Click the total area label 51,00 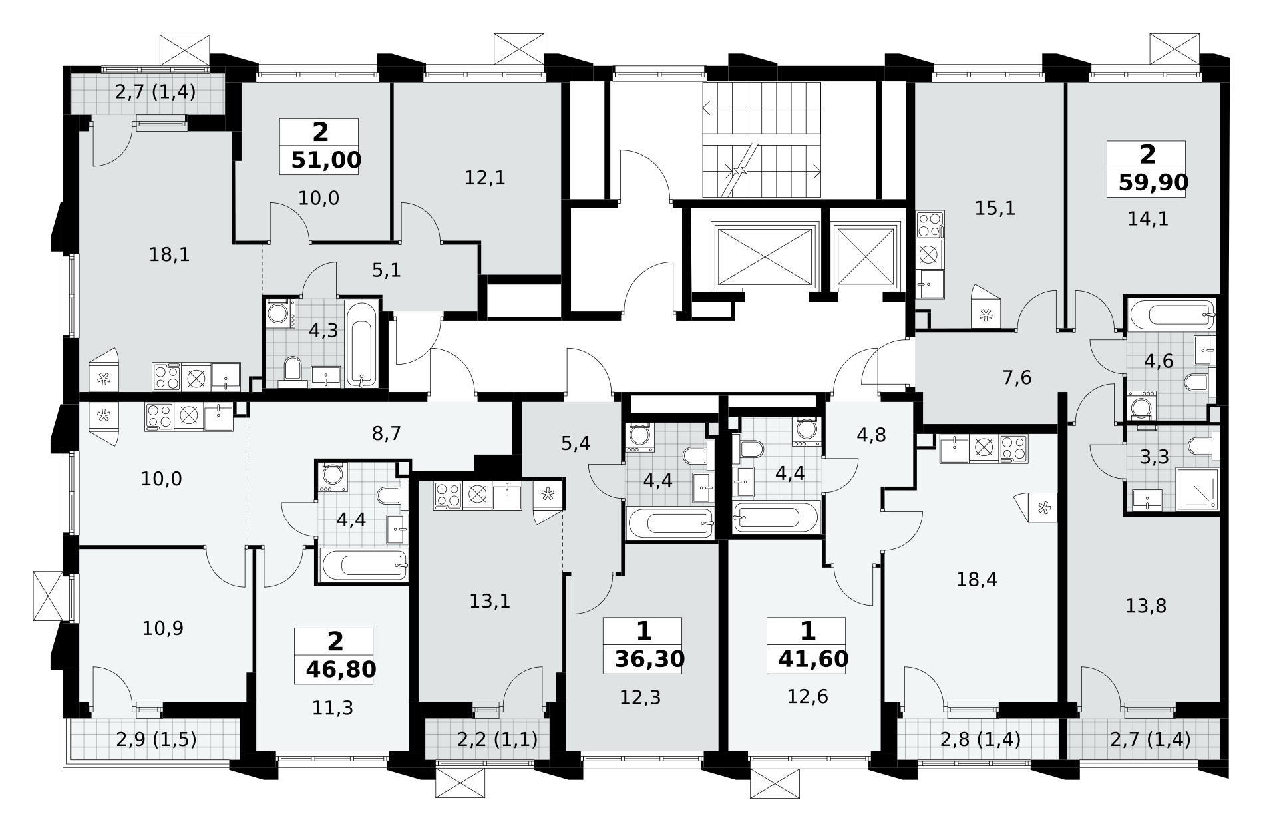tap(326, 160)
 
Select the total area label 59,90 tap(1153, 182)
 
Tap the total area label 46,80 tap(341, 669)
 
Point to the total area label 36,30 tap(649, 659)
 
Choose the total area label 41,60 tap(813, 658)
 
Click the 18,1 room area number tap(170, 254)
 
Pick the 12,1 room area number tap(486, 178)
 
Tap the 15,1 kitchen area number tap(995, 209)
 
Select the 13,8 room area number tap(1146, 606)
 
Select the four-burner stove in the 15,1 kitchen tap(930, 224)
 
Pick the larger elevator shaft tap(765, 256)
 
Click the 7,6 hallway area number tap(1017, 378)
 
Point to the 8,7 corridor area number tap(386, 434)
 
